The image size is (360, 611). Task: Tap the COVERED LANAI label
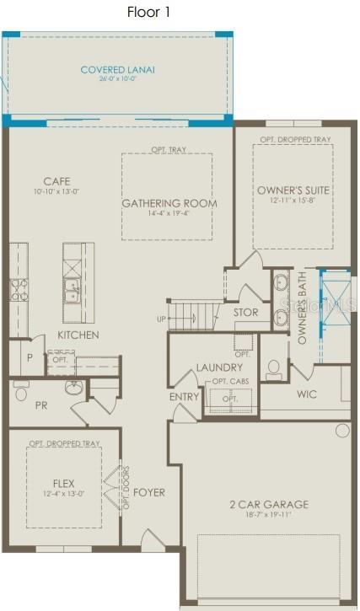tap(117, 70)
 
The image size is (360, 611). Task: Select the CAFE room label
tap(57, 181)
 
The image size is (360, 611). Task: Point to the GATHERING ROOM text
tap(169, 203)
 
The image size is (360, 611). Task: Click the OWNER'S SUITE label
tap(293, 190)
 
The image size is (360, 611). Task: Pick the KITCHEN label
tap(78, 335)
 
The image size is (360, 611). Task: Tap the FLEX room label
tap(63, 484)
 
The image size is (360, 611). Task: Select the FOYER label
tap(149, 492)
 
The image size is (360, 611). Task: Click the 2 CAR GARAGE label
tap(269, 505)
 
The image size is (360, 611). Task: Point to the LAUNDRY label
tap(219, 367)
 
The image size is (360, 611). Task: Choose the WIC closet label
tap(306, 394)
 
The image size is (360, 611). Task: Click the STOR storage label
tap(245, 313)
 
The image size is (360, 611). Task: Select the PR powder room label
tap(40, 405)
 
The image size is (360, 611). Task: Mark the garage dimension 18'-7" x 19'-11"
tap(269, 515)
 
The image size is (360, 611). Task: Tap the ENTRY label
tap(184, 397)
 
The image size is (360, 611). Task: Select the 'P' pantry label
tap(30, 358)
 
